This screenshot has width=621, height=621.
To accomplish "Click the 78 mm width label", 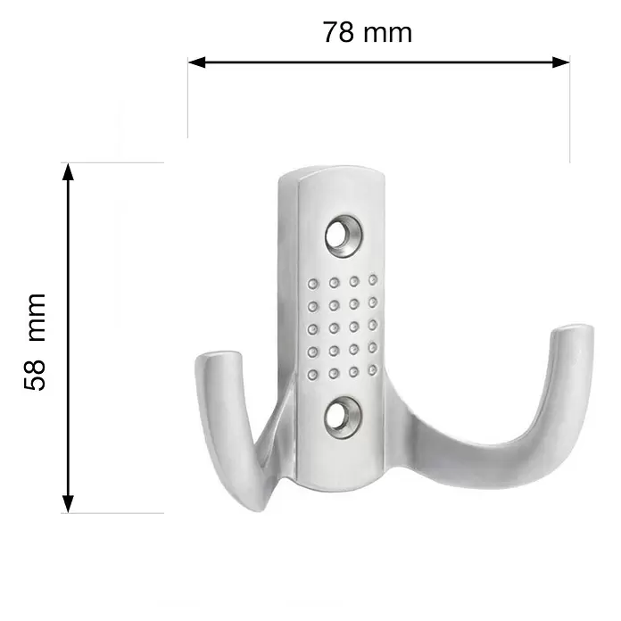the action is (368, 32).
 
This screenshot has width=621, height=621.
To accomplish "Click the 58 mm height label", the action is (36, 343).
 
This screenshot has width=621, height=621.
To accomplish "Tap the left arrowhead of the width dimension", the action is (197, 62).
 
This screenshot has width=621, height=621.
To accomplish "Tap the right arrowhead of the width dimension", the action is (561, 62).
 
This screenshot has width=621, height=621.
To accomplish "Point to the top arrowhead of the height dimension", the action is (68, 171).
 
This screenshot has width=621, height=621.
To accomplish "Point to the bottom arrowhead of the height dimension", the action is (68, 504).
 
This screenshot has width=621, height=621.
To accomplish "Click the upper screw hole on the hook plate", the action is (343, 236).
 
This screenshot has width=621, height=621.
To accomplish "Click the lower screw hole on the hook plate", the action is (343, 417).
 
